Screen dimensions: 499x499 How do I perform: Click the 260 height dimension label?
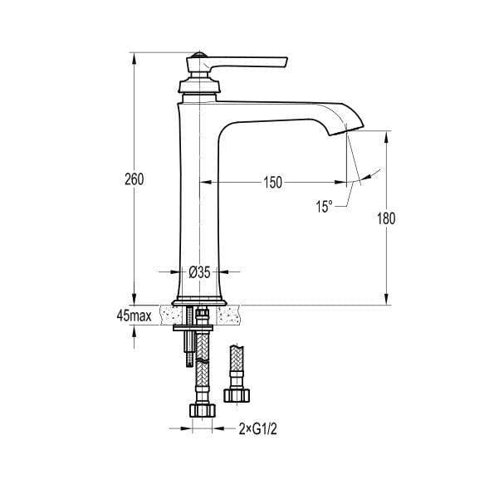134,179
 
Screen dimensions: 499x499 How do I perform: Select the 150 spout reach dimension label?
272,183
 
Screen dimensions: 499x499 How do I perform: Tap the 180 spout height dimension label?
386,218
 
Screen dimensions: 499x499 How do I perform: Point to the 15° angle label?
325,206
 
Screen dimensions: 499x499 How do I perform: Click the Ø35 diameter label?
199,272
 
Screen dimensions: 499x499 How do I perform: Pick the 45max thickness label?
134,316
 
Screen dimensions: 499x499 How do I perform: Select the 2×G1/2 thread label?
257,429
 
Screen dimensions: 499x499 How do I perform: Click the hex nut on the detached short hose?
237,394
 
